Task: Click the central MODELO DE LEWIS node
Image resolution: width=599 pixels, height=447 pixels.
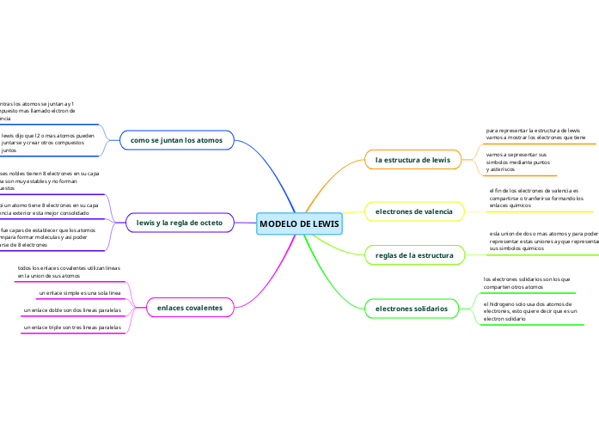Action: point(299,224)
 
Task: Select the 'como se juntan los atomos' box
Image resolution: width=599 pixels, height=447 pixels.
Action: point(176,139)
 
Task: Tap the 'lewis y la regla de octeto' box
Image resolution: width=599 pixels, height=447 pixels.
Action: point(180,223)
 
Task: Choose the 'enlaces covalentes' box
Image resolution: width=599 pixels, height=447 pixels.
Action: point(190,307)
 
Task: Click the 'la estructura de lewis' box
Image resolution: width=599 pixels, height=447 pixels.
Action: point(413,160)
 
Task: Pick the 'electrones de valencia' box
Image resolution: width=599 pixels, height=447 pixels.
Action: point(414,211)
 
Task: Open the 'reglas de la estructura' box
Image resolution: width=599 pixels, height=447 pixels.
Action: point(414,255)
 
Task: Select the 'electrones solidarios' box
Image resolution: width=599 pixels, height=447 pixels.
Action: point(412,308)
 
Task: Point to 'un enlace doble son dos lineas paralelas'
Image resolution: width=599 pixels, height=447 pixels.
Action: point(72,309)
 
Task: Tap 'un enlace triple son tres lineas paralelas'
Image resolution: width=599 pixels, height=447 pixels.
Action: point(73,328)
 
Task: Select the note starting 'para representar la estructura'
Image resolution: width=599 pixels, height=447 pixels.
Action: point(535,134)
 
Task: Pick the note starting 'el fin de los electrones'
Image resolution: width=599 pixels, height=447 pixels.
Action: point(535,199)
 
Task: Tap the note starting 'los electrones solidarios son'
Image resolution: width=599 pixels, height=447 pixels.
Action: point(527,283)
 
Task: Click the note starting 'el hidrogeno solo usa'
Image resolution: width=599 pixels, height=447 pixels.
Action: point(529,311)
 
